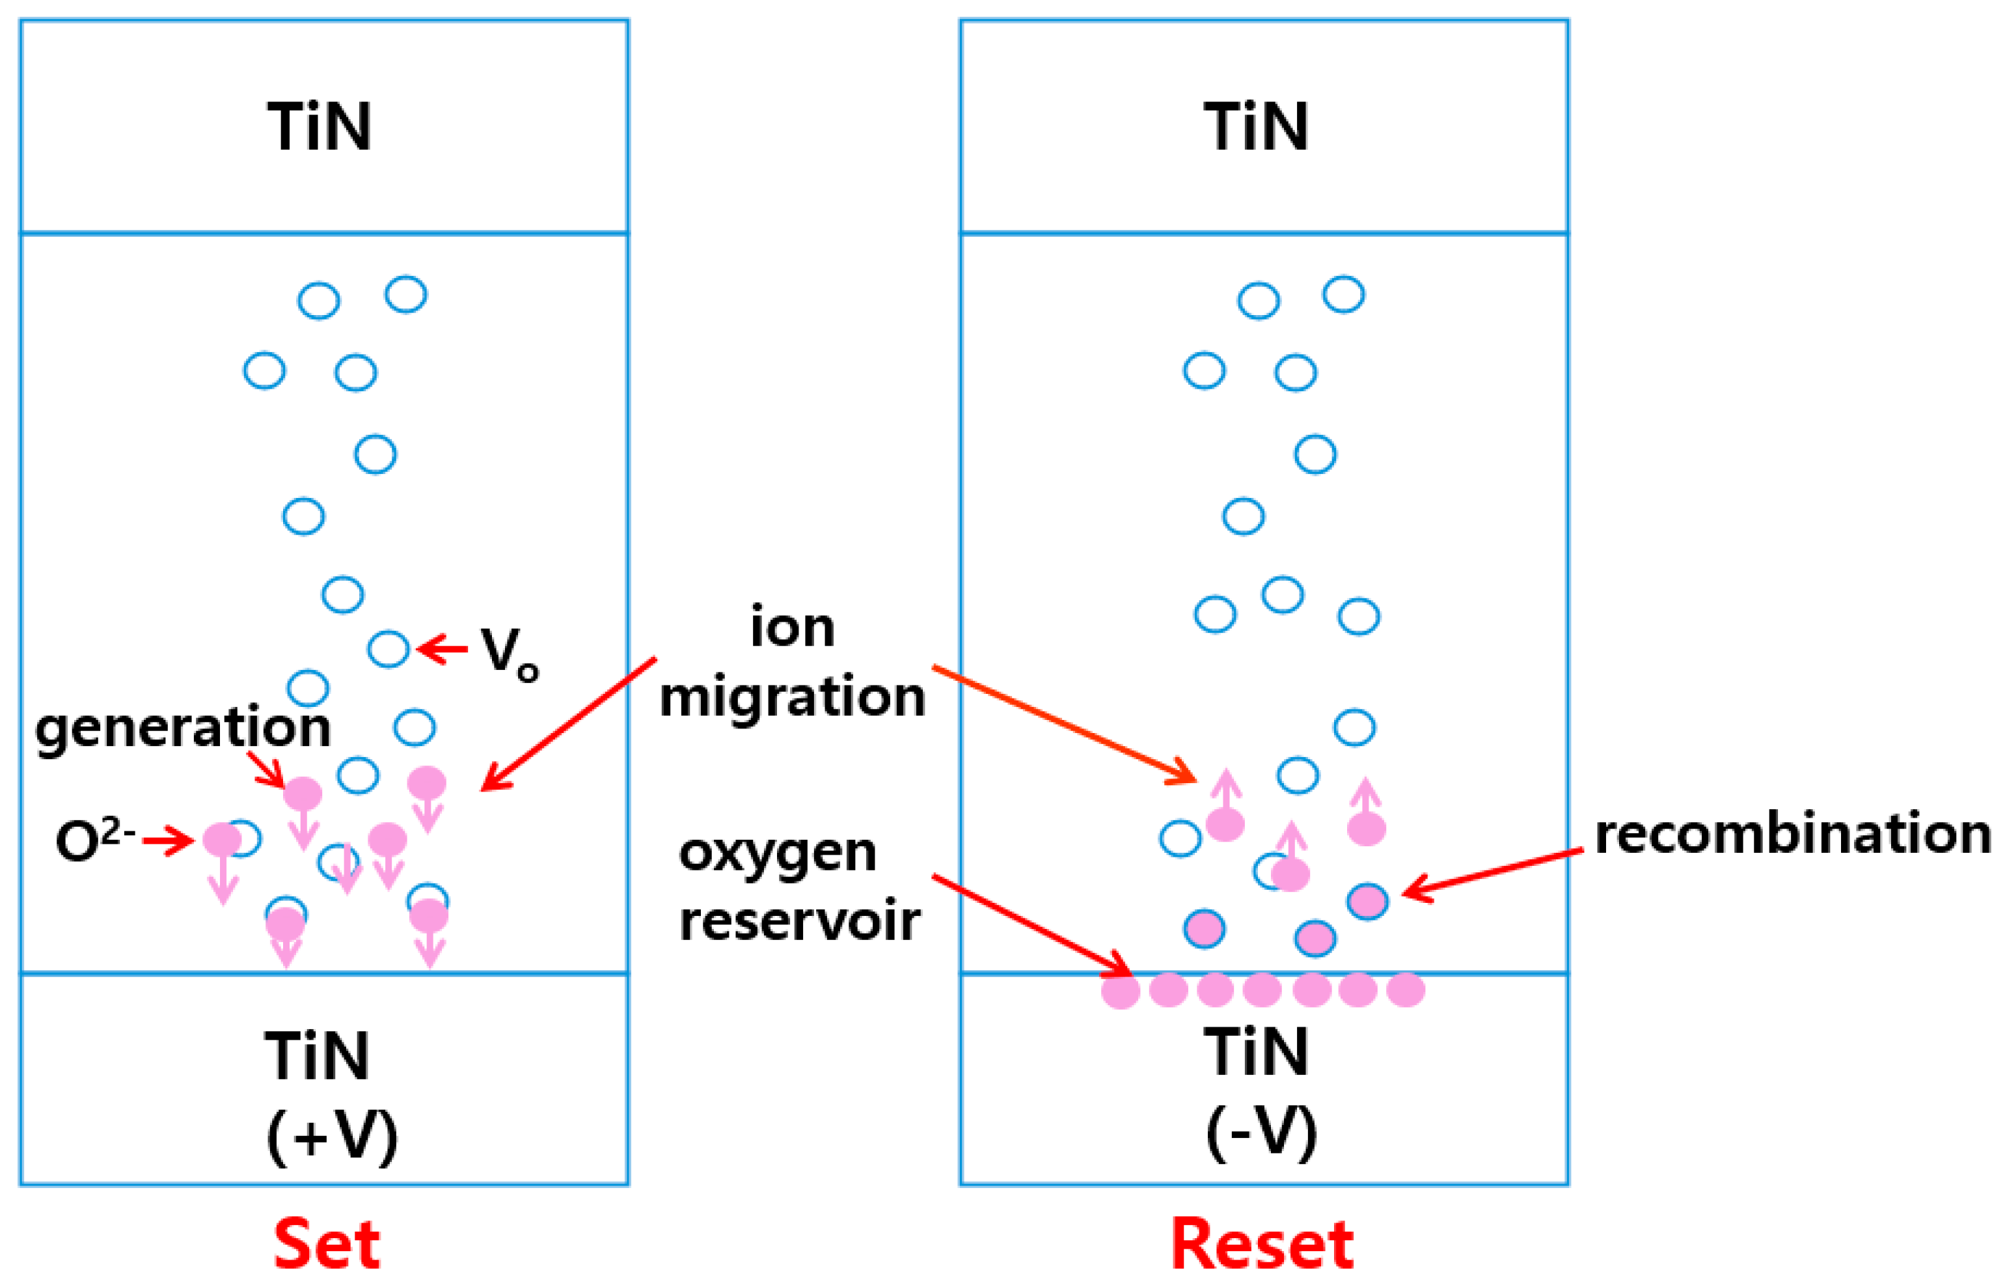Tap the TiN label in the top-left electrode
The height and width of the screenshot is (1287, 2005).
(319, 127)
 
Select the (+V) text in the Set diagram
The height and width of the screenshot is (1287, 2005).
(332, 1137)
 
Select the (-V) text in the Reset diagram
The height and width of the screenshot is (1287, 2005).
(1261, 1133)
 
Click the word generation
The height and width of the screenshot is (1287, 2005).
(183, 727)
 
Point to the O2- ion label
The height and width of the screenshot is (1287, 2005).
(94, 840)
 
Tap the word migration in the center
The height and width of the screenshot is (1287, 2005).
(792, 697)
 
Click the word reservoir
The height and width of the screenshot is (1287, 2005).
(800, 921)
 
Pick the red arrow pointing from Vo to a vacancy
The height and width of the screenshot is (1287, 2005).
(443, 648)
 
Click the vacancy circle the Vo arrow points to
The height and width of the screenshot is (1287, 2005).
(389, 649)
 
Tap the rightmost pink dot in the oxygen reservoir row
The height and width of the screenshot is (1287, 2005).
(1405, 990)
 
